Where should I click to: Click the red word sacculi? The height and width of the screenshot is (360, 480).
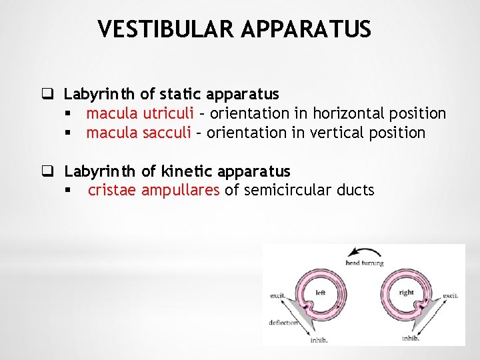166,133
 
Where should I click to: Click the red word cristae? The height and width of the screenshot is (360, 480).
112,191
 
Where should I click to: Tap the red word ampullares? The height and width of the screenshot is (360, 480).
181,191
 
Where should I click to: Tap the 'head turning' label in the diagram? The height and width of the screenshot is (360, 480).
364,263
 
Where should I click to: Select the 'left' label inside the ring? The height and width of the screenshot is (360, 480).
320,292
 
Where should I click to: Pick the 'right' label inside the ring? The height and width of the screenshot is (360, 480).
406,292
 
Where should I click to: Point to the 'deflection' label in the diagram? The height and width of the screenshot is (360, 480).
283,322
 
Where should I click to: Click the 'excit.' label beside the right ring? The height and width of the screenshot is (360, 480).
450,295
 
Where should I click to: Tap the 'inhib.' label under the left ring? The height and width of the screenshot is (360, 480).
319,340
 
